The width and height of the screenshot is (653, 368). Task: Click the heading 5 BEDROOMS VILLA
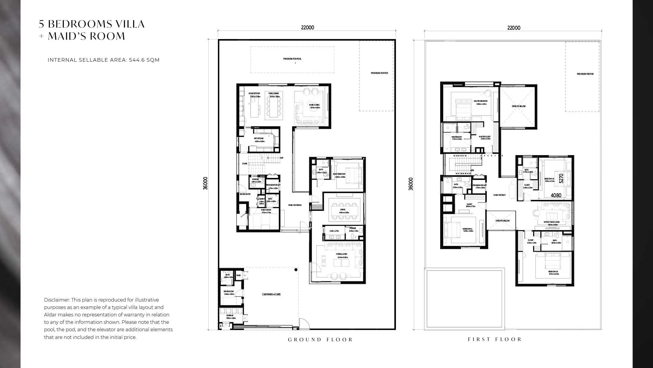(92, 24)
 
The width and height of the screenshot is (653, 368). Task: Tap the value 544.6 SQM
(144, 60)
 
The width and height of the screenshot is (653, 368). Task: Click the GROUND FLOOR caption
(320, 340)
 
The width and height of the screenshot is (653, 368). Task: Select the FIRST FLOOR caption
(494, 339)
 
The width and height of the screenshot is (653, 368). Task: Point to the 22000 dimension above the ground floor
(308, 28)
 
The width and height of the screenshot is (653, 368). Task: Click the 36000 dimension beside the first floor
(411, 184)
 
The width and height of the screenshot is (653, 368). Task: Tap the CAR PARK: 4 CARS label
(271, 294)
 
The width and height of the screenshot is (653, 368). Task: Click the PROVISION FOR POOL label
(292, 59)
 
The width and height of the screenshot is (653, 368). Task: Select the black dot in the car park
(296, 270)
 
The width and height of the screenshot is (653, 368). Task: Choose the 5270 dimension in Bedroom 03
(561, 178)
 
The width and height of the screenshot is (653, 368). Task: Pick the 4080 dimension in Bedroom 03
(556, 195)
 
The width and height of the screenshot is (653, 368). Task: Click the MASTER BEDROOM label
(481, 101)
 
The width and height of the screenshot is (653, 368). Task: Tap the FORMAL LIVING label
(342, 254)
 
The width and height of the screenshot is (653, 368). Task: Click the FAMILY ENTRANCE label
(295, 205)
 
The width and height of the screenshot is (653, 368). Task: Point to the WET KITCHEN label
(259, 138)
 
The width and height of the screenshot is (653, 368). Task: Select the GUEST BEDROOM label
(339, 174)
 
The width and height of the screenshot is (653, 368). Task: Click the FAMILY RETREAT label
(500, 195)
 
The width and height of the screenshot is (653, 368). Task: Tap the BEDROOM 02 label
(553, 271)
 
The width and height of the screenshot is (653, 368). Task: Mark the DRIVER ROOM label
(229, 291)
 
